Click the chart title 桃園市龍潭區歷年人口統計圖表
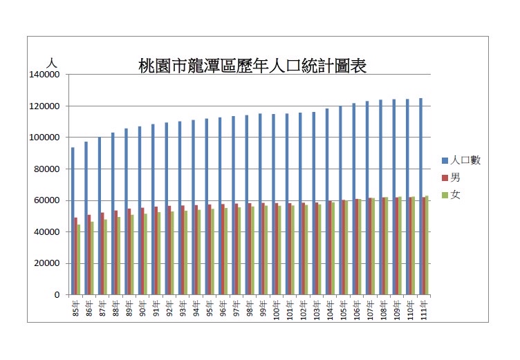click(252, 66)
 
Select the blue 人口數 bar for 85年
click(73, 221)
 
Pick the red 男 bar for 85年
click(76, 256)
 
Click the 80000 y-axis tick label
click(48, 169)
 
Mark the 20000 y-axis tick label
click(48, 263)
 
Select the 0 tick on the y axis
click(57, 295)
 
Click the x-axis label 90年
click(142, 308)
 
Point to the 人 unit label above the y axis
click(50, 63)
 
